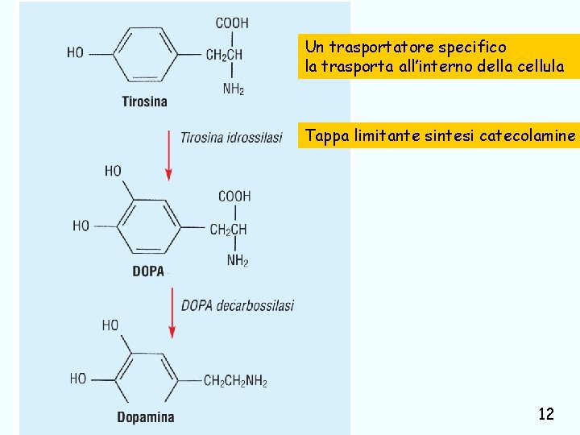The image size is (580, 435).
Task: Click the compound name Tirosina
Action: (x=144, y=101)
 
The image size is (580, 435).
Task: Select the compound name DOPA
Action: (x=148, y=271)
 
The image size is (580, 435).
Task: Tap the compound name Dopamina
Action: (x=145, y=417)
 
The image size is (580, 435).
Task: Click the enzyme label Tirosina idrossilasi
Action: (x=231, y=138)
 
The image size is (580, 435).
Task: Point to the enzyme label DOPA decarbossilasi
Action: (x=238, y=305)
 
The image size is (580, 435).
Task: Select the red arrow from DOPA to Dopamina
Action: (x=172, y=313)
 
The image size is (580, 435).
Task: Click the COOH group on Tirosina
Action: (x=232, y=23)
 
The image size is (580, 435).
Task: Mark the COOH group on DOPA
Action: (x=234, y=196)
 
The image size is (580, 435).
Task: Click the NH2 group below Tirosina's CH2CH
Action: (x=234, y=89)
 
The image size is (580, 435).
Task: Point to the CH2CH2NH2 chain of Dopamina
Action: (x=235, y=381)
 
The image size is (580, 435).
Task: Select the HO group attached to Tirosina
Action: (x=75, y=53)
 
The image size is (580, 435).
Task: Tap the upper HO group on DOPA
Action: (x=113, y=171)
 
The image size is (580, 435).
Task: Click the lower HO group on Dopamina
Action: (x=78, y=378)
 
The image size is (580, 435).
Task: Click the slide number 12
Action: (x=545, y=414)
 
